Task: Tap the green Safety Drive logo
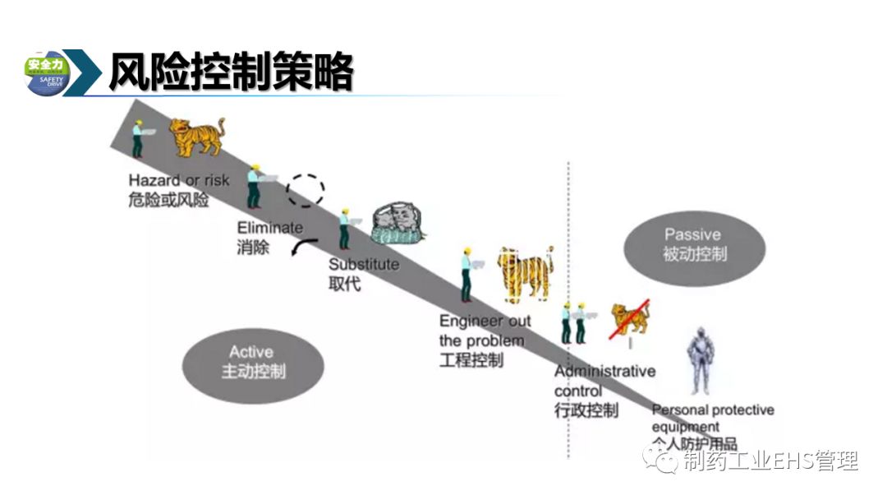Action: [x=48, y=73]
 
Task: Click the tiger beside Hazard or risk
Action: [x=197, y=136]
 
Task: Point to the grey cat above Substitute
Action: [x=398, y=224]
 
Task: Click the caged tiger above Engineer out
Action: [x=525, y=273]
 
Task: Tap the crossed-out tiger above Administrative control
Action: [x=629, y=319]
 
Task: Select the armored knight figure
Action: [x=700, y=362]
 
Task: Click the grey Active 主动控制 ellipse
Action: [x=252, y=363]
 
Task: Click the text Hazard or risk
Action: [x=179, y=181]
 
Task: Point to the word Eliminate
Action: [x=270, y=228]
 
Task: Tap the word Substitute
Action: [x=364, y=265]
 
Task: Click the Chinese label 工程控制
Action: [x=471, y=360]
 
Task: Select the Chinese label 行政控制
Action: [x=586, y=410]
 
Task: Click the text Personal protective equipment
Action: [x=712, y=418]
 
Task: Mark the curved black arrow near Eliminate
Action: [x=303, y=248]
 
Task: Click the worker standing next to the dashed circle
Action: [x=255, y=186]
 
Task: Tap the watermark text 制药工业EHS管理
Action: [x=769, y=461]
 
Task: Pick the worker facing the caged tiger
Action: [x=466, y=274]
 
